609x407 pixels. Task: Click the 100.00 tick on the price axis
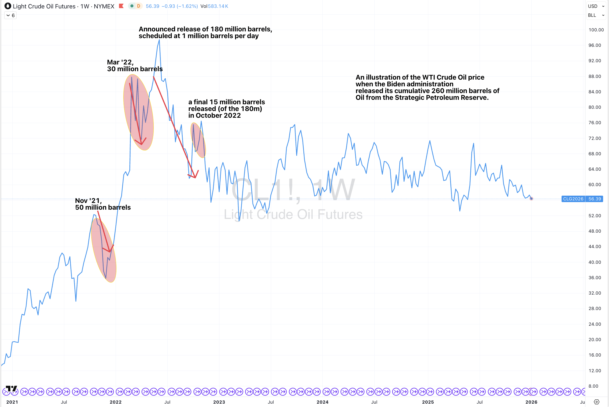[x=596, y=30]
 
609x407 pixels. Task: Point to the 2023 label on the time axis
[x=219, y=402]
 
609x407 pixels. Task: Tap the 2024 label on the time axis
[x=322, y=402]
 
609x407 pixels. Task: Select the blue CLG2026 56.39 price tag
[x=582, y=199]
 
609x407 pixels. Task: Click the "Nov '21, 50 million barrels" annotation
[x=103, y=204]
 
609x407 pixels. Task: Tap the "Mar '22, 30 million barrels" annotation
[x=135, y=66]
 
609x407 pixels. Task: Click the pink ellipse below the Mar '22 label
[x=138, y=112]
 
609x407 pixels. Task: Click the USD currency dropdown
[x=596, y=6]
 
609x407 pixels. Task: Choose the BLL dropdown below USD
[x=596, y=15]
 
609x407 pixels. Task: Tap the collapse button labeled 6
[x=10, y=15]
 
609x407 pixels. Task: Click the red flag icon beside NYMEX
[x=121, y=6]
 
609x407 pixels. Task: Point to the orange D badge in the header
[x=138, y=6]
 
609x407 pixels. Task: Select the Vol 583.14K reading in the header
[x=214, y=6]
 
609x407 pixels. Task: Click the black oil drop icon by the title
[x=8, y=6]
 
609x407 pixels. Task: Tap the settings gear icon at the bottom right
[x=596, y=402]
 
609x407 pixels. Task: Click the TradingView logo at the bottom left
[x=12, y=388]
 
